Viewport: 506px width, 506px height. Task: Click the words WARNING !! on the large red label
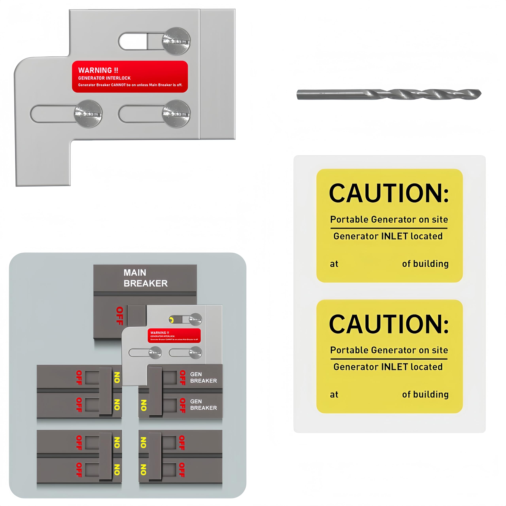[98, 70]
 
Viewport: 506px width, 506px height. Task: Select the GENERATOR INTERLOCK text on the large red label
[104, 78]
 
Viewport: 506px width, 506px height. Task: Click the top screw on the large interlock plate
[176, 41]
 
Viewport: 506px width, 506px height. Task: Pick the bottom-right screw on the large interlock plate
[176, 114]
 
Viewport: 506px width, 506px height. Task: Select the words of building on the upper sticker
[425, 264]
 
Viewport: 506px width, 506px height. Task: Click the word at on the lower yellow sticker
[334, 395]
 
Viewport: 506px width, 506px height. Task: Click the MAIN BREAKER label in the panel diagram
[145, 278]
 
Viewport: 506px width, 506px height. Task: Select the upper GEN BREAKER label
[203, 377]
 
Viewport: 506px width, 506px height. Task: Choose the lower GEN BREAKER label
[203, 405]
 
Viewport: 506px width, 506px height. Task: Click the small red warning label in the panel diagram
[174, 335]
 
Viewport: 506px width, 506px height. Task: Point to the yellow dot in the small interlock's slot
[171, 320]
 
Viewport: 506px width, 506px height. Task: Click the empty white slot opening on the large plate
[133, 41]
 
